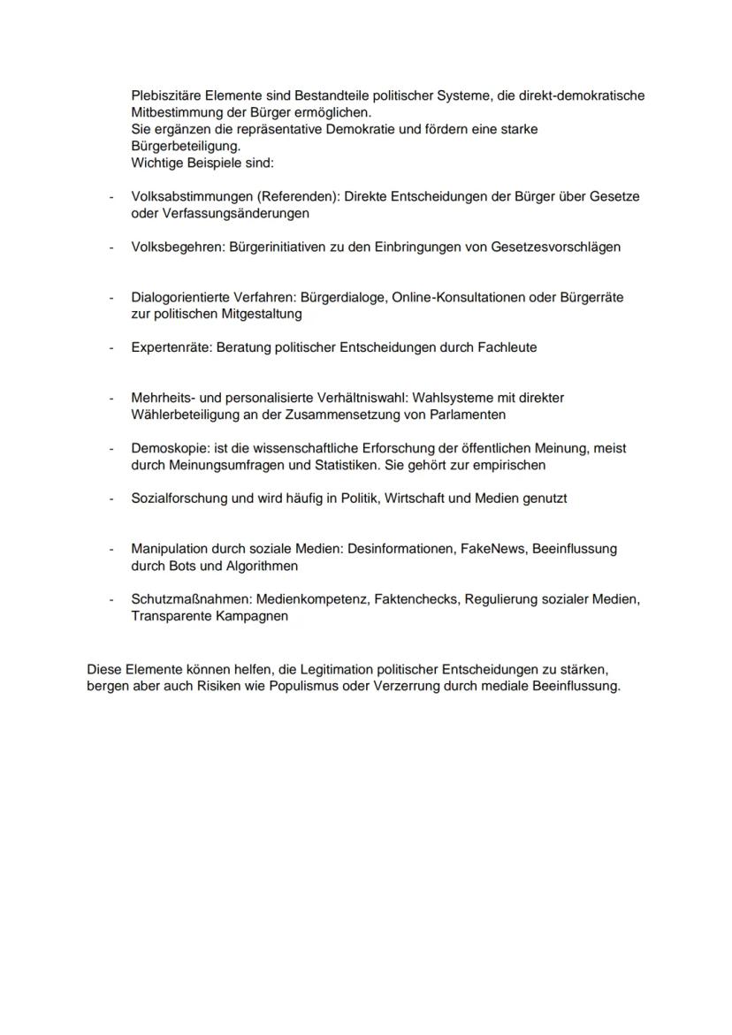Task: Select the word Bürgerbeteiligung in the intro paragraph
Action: point(185,147)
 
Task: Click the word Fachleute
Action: point(507,347)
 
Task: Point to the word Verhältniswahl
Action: point(350,398)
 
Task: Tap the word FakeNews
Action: point(491,549)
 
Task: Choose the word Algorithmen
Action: point(263,566)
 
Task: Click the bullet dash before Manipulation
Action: point(111,549)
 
